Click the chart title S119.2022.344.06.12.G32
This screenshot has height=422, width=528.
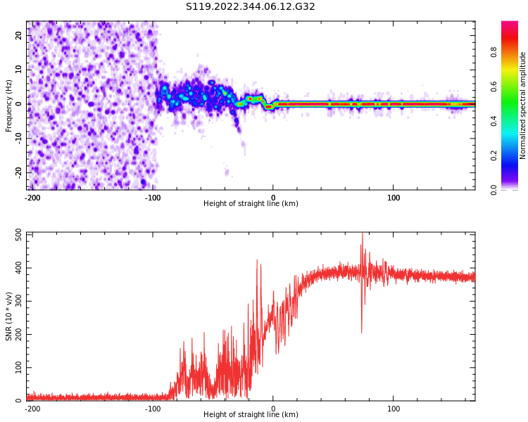coord(250,7)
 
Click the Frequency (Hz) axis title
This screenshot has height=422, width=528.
coord(9,105)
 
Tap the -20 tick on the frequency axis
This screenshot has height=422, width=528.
coord(18,172)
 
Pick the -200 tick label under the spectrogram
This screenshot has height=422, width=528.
coord(32,198)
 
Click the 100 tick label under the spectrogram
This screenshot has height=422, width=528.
coord(394,198)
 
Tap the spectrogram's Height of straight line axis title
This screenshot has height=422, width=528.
coord(251,204)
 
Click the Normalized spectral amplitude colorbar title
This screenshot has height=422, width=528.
coord(523,105)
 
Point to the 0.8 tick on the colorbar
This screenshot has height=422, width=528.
coord(513,52)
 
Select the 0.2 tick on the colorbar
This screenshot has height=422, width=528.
coord(513,155)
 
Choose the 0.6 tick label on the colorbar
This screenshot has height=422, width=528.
coord(513,87)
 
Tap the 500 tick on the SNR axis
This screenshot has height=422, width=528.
coord(18,235)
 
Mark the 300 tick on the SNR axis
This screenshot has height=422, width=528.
coord(18,301)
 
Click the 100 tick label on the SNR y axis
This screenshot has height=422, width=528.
coord(18,368)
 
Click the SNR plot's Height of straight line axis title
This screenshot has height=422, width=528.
coord(251,415)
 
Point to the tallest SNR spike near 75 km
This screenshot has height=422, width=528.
coord(363,235)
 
